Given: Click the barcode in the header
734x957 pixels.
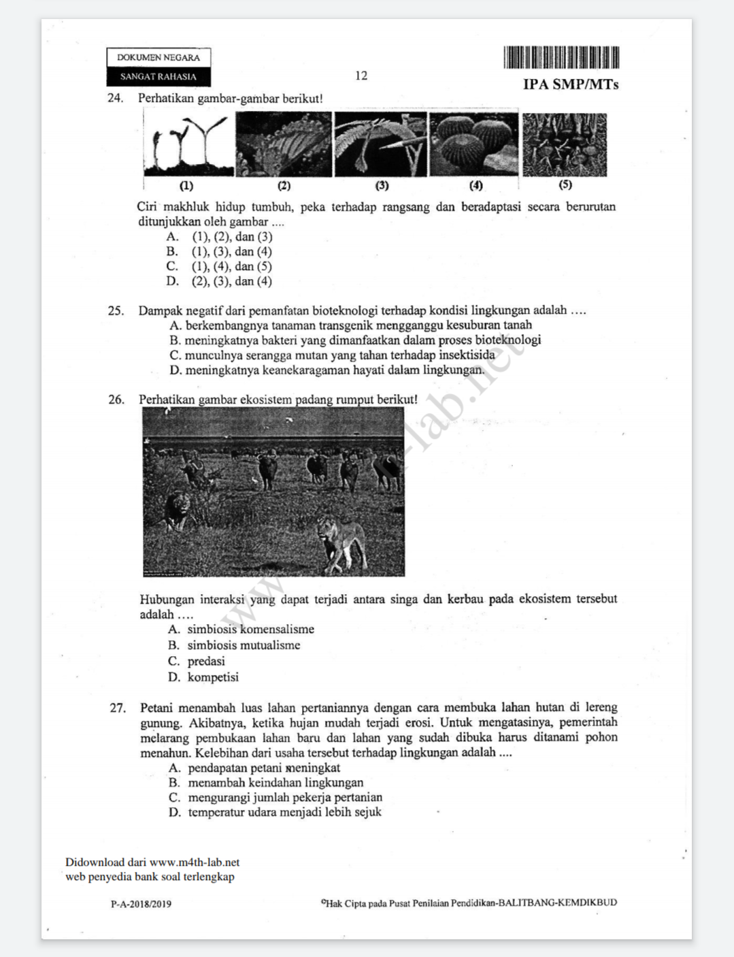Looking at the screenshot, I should [x=561, y=57].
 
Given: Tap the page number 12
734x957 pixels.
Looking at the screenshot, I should [x=361, y=76].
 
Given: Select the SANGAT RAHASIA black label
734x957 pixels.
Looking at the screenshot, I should [x=159, y=77].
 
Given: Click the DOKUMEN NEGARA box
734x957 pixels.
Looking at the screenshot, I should [x=159, y=58].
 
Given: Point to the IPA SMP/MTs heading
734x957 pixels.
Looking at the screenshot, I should [x=571, y=84].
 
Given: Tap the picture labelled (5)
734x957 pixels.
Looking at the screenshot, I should [x=565, y=145].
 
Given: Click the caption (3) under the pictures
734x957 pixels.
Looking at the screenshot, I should [x=382, y=185].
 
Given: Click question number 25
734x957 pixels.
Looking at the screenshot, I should [x=116, y=311].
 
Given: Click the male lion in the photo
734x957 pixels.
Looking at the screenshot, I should [x=178, y=509].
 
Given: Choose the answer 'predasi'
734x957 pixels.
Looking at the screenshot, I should [x=205, y=662].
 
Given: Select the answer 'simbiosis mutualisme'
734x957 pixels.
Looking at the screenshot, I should [x=243, y=645].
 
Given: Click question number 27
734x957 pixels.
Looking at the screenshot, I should [x=118, y=709].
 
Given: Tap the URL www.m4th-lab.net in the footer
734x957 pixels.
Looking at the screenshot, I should [x=195, y=862].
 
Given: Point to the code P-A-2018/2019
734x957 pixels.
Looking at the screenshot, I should [x=141, y=905].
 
